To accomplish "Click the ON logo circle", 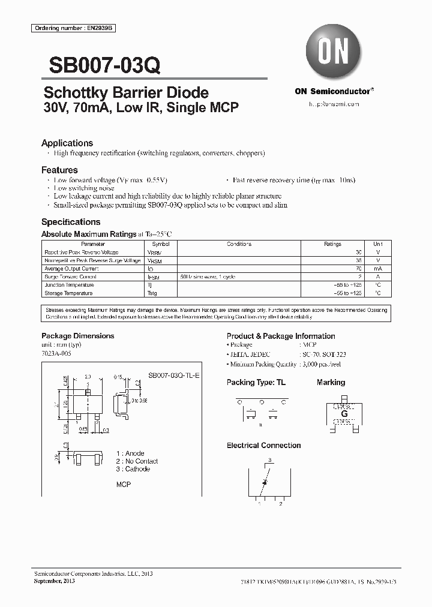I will pyautogui.click(x=334, y=53).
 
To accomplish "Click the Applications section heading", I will pyautogui.click(x=67, y=143).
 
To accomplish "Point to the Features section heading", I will pyautogui.click(x=59, y=170).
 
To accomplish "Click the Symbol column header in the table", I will pyautogui.click(x=161, y=244).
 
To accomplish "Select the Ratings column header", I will pyautogui.click(x=332, y=244).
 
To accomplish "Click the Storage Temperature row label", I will pyautogui.click(x=68, y=293).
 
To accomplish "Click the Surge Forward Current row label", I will pyautogui.click(x=70, y=277).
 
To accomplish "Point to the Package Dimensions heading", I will pyautogui.click(x=77, y=336).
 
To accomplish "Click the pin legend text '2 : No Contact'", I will pyautogui.click(x=137, y=461).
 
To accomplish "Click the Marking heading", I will pyautogui.click(x=331, y=382).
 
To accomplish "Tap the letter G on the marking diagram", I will pyautogui.click(x=344, y=414).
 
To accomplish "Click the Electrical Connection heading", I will pyautogui.click(x=263, y=446).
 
